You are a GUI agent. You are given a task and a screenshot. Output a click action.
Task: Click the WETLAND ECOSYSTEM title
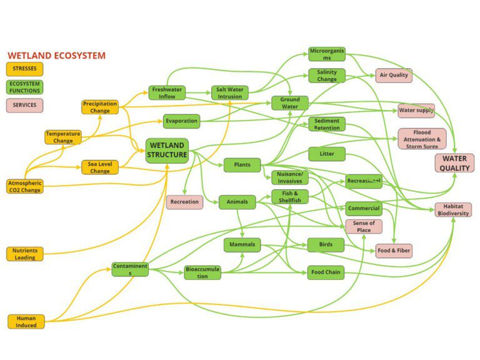[x=56, y=56]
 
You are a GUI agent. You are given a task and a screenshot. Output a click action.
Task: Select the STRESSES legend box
[x=24, y=69]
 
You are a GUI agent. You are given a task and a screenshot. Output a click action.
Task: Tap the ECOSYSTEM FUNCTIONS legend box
[x=24, y=87]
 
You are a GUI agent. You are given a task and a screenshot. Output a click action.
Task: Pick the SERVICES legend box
[x=24, y=105]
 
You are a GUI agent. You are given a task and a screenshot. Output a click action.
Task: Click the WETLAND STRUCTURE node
[x=167, y=151]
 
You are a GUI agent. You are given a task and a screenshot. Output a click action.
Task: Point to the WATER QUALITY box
[x=454, y=163]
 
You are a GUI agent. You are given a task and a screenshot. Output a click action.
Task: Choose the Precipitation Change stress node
[x=100, y=107]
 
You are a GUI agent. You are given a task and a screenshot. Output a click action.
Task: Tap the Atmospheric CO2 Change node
[x=25, y=186]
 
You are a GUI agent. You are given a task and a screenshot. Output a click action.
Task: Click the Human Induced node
[x=26, y=321]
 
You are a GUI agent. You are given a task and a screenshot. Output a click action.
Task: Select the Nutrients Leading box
[x=25, y=254]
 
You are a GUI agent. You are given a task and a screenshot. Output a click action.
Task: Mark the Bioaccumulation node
[x=202, y=272]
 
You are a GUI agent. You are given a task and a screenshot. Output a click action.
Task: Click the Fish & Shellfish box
[x=290, y=197]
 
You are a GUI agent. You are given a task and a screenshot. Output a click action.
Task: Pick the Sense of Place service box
[x=364, y=226]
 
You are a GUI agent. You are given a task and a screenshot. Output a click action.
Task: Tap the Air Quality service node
[x=394, y=76]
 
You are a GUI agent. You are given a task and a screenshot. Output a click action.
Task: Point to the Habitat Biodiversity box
[x=453, y=209]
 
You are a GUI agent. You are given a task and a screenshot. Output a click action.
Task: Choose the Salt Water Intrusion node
[x=230, y=93]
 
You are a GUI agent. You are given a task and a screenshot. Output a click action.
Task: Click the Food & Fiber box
[x=394, y=251]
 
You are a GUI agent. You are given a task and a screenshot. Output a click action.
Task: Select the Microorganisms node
[x=327, y=54]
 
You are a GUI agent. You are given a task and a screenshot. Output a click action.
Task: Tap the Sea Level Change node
[x=100, y=167]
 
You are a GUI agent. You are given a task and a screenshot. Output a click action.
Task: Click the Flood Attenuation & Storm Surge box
[x=422, y=139]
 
